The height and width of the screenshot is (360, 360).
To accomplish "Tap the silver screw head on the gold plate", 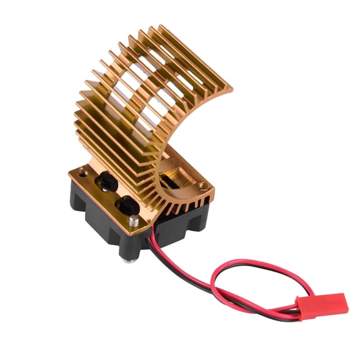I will pos(135,221).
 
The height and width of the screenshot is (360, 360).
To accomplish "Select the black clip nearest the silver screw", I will pos(127,202).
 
